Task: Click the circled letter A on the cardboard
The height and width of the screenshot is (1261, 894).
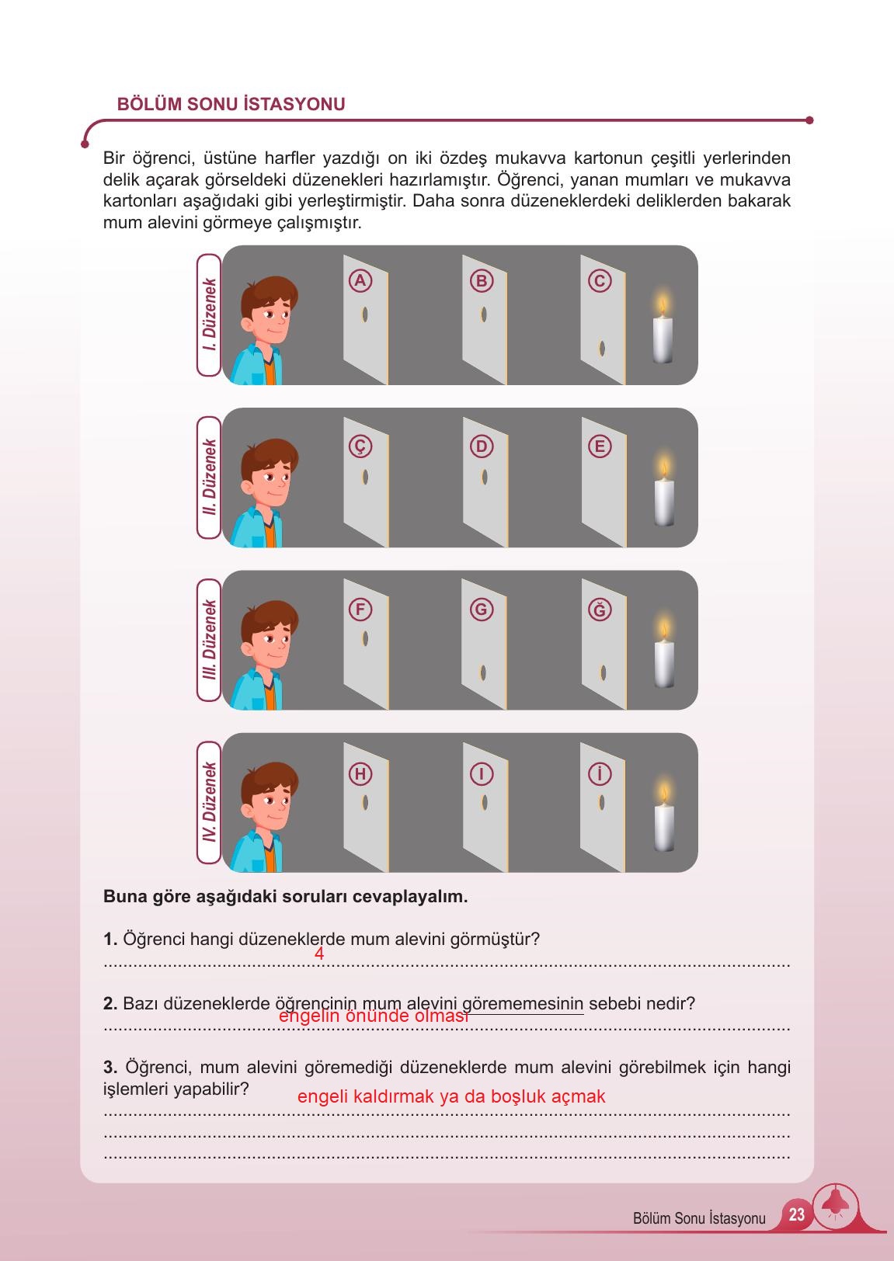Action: click(360, 280)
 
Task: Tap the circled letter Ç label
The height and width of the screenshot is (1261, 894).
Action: click(360, 446)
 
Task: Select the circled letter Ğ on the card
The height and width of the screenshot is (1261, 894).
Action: click(600, 610)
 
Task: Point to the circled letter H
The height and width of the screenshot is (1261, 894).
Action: click(360, 775)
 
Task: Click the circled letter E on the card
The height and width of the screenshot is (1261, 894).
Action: click(600, 446)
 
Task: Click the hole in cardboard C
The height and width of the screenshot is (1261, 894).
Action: click(602, 349)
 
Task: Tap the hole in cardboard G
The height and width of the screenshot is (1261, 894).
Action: click(483, 672)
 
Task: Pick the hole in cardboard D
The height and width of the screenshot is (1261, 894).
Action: click(484, 478)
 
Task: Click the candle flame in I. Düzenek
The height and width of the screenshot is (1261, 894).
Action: click(663, 304)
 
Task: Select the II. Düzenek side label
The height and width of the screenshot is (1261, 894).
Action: click(209, 478)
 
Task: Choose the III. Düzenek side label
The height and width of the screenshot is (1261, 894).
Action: click(209, 640)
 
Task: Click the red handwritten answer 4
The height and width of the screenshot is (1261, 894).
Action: click(319, 954)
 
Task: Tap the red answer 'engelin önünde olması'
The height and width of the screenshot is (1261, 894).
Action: click(374, 1016)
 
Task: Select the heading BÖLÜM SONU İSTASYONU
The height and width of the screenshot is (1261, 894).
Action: click(231, 103)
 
